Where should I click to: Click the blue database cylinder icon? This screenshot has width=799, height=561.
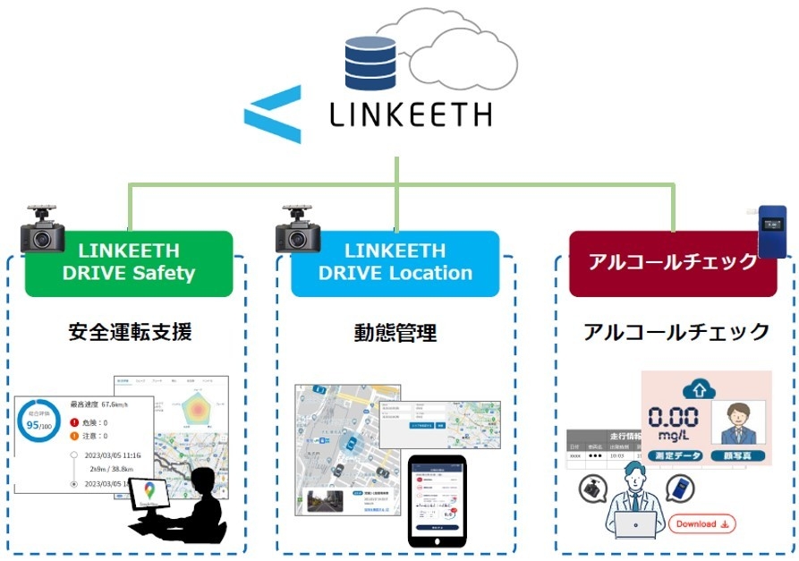tap(370, 62)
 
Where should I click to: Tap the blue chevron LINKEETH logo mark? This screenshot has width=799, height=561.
tap(273, 115)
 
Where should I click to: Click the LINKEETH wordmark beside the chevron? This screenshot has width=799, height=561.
tap(411, 115)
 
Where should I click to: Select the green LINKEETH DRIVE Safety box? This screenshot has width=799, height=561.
tap(129, 262)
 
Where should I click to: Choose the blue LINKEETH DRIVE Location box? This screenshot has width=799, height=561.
tap(395, 262)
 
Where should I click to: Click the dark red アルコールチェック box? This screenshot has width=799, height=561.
tap(673, 262)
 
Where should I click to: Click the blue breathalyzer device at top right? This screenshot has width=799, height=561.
tap(771, 231)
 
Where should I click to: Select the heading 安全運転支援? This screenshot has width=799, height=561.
tap(130, 332)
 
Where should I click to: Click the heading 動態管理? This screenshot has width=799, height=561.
tap(395, 333)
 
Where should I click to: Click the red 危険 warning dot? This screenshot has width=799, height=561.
tap(75, 422)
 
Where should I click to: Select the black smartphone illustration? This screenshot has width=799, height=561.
tap(437, 500)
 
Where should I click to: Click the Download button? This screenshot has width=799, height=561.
tap(701, 523)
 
